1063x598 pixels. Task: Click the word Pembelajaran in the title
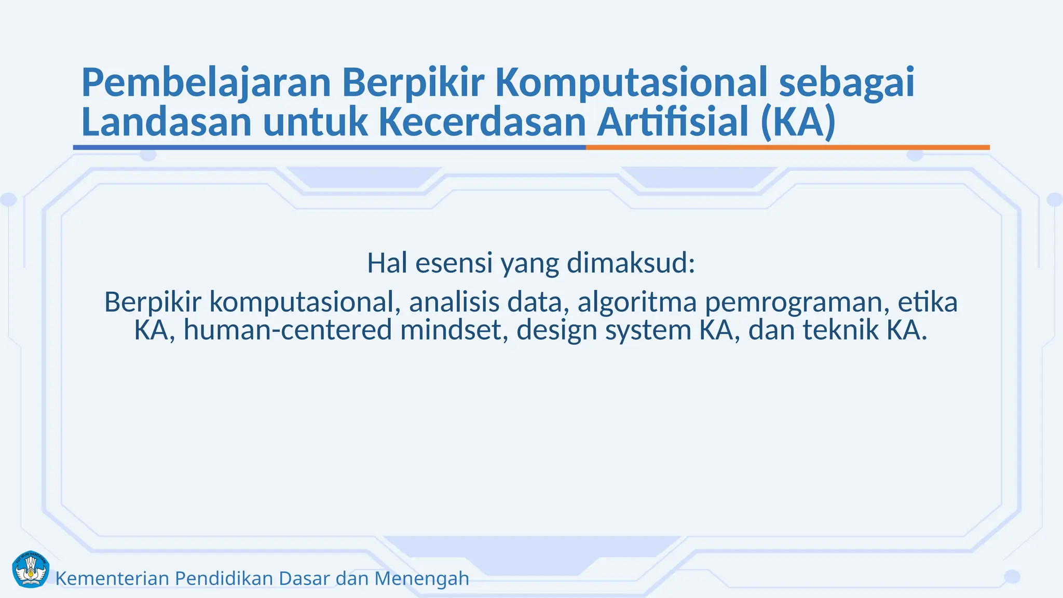tap(206, 83)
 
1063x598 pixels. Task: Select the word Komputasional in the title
tap(631, 83)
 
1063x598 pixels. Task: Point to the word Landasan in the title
tap(166, 122)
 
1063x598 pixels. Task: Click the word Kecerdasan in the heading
tap(482, 122)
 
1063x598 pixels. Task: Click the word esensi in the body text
tap(454, 263)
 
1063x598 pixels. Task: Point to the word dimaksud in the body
tap(631, 263)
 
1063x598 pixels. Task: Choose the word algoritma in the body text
tap(637, 302)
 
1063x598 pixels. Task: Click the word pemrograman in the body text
tap(793, 303)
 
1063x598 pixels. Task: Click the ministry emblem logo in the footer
tap(30, 569)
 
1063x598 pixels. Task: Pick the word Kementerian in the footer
tap(112, 578)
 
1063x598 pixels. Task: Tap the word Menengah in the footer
tap(421, 579)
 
